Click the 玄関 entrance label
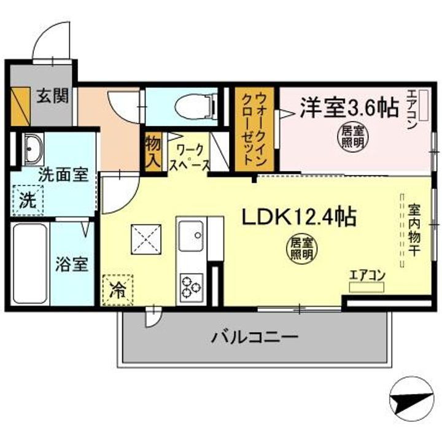[x=52, y=96]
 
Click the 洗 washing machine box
[x=26, y=199]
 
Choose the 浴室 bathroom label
[x=72, y=265]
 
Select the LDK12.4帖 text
[x=299, y=217]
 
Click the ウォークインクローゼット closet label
[x=254, y=128]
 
